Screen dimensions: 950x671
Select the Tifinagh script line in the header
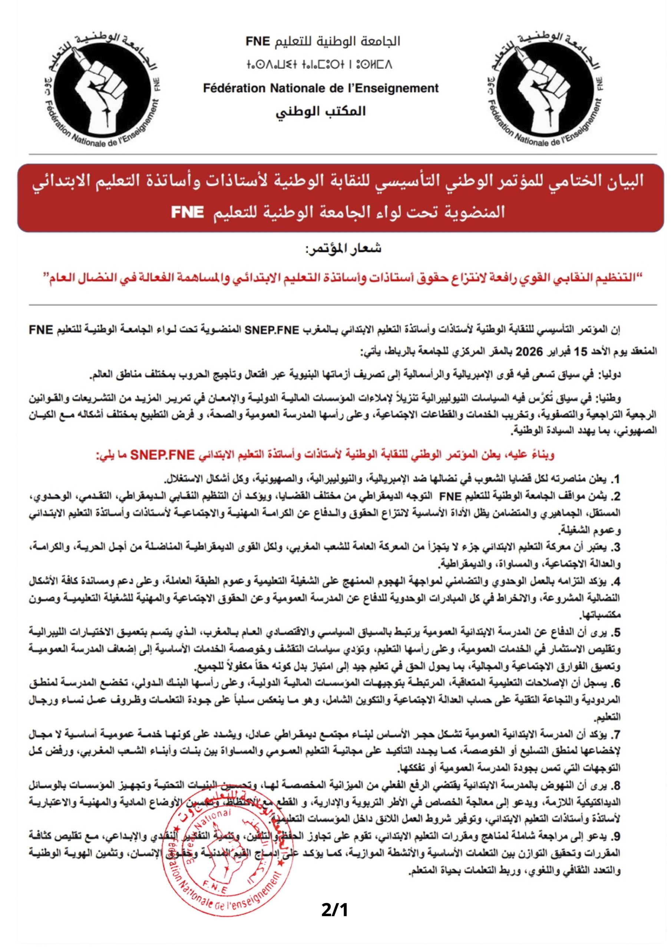pos(320,65)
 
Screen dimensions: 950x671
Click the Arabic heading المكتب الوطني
pos(320,112)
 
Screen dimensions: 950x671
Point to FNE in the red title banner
pos(187,212)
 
